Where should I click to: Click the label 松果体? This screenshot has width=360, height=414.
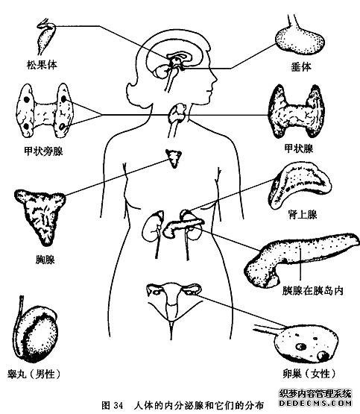click(x=42, y=65)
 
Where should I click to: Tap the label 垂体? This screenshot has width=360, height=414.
click(x=301, y=66)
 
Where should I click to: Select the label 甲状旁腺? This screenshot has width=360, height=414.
click(x=43, y=151)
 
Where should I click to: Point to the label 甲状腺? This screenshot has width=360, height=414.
click(x=299, y=149)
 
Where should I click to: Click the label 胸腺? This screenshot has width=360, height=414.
click(x=45, y=260)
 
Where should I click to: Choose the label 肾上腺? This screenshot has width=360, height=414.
click(x=303, y=215)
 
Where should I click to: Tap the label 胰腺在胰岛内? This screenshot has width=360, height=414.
click(x=313, y=291)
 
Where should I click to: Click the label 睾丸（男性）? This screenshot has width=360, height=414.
click(x=34, y=374)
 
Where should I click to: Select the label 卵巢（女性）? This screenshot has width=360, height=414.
click(x=309, y=374)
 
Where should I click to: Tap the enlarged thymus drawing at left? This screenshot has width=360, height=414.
click(x=40, y=215)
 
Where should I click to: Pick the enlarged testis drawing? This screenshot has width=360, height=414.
click(x=36, y=330)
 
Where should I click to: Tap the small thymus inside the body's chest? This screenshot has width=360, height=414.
click(x=174, y=158)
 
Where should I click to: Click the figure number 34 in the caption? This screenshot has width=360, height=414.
click(x=119, y=405)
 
